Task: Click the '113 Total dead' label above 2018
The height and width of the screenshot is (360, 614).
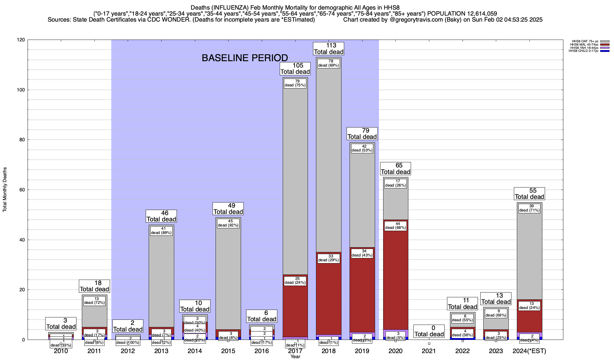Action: click(x=329, y=49)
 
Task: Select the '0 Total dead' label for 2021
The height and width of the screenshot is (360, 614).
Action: click(x=429, y=331)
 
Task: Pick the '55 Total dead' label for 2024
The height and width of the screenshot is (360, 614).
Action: click(x=529, y=194)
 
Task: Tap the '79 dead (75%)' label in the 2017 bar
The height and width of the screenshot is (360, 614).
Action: click(x=295, y=83)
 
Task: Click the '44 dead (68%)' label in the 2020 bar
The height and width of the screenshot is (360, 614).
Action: click(x=395, y=226)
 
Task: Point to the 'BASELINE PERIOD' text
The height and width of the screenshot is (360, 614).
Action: click(x=245, y=58)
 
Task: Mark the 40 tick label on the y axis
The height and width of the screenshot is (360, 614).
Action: click(x=22, y=240)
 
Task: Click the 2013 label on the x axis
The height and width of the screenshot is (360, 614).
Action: click(x=161, y=351)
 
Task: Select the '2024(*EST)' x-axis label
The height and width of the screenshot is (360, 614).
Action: click(x=529, y=351)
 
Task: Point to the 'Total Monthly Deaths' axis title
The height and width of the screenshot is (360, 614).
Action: click(x=5, y=190)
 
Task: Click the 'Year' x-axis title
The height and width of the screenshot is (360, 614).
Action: click(x=295, y=357)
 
